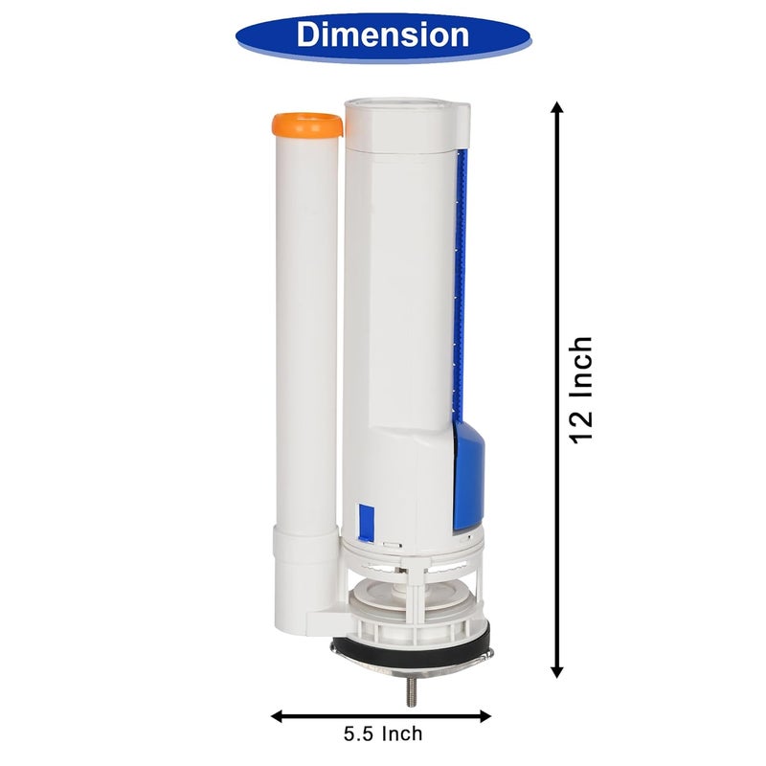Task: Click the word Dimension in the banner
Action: pyautogui.click(x=382, y=34)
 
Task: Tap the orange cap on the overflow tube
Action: pyautogui.click(x=307, y=125)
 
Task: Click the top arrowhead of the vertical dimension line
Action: pyautogui.click(x=557, y=107)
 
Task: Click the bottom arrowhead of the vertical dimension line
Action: pyautogui.click(x=557, y=672)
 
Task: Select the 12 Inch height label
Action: pyautogui.click(x=582, y=390)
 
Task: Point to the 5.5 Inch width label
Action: pyautogui.click(x=382, y=733)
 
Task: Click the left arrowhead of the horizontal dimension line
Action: pyautogui.click(x=278, y=716)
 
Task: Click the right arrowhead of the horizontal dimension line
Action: pyautogui.click(x=484, y=716)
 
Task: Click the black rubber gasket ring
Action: pyautogui.click(x=411, y=646)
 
